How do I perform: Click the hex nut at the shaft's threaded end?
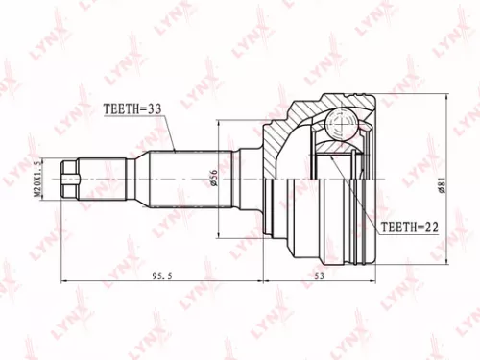(69, 179)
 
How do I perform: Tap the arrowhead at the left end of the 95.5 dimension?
(64, 282)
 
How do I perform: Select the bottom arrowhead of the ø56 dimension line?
(222, 233)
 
